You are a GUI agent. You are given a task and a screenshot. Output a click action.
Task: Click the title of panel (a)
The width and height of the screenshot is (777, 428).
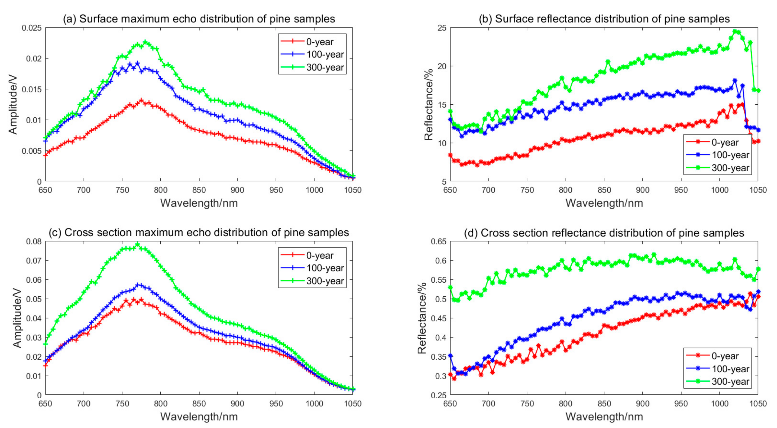pyautogui.click(x=199, y=19)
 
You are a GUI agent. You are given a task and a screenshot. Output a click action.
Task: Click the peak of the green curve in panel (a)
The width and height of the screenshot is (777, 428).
pyautogui.click(x=145, y=42)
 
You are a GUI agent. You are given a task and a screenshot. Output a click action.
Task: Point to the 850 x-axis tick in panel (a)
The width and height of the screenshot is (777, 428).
pyautogui.click(x=199, y=190)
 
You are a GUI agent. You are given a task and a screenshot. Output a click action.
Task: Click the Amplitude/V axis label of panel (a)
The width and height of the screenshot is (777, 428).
pyautogui.click(x=13, y=104)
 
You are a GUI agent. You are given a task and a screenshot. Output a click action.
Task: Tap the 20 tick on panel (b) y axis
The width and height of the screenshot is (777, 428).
pyautogui.click(x=442, y=66)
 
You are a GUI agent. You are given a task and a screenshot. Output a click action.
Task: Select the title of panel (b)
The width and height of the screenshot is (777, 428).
pyautogui.click(x=604, y=19)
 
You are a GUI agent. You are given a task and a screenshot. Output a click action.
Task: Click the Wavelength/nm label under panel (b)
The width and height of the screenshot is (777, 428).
pyautogui.click(x=604, y=203)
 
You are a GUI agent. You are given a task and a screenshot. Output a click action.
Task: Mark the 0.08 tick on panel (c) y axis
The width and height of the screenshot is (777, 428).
pyautogui.click(x=34, y=242)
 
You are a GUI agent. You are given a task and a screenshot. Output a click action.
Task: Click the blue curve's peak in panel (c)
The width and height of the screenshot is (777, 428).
pyautogui.click(x=138, y=285)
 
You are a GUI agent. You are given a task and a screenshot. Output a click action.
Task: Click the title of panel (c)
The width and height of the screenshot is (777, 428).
pyautogui.click(x=199, y=233)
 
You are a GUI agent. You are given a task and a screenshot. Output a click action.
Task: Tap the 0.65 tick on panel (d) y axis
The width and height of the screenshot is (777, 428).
pyautogui.click(x=438, y=242)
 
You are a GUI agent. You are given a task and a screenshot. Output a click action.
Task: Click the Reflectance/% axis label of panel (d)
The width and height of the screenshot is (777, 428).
pyautogui.click(x=422, y=318)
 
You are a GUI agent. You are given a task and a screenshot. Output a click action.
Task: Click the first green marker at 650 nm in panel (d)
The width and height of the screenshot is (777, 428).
pyautogui.click(x=450, y=287)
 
